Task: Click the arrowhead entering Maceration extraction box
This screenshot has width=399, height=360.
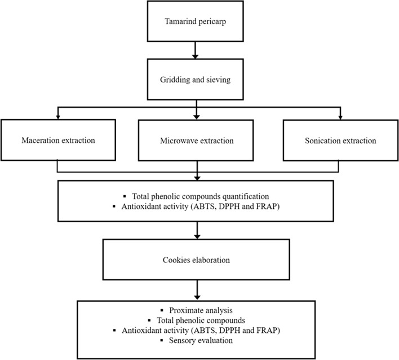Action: click(x=57, y=117)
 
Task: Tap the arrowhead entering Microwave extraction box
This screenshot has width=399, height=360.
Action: click(x=196, y=117)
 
